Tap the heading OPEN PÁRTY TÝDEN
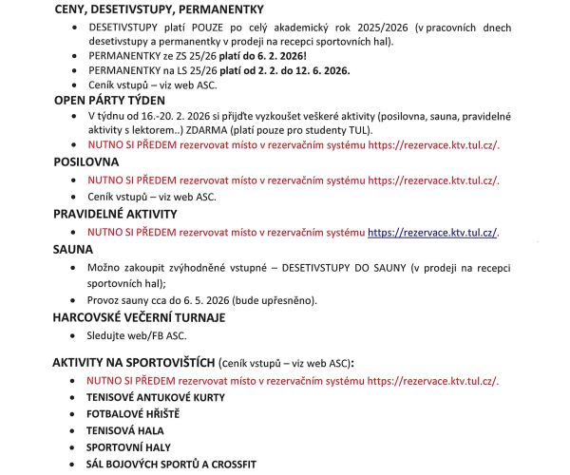click(109, 99)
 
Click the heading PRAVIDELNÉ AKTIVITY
click(122, 215)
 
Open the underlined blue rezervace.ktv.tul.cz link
click(432, 232)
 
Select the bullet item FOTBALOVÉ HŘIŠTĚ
click(133, 414)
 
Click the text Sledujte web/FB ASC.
click(133, 335)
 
